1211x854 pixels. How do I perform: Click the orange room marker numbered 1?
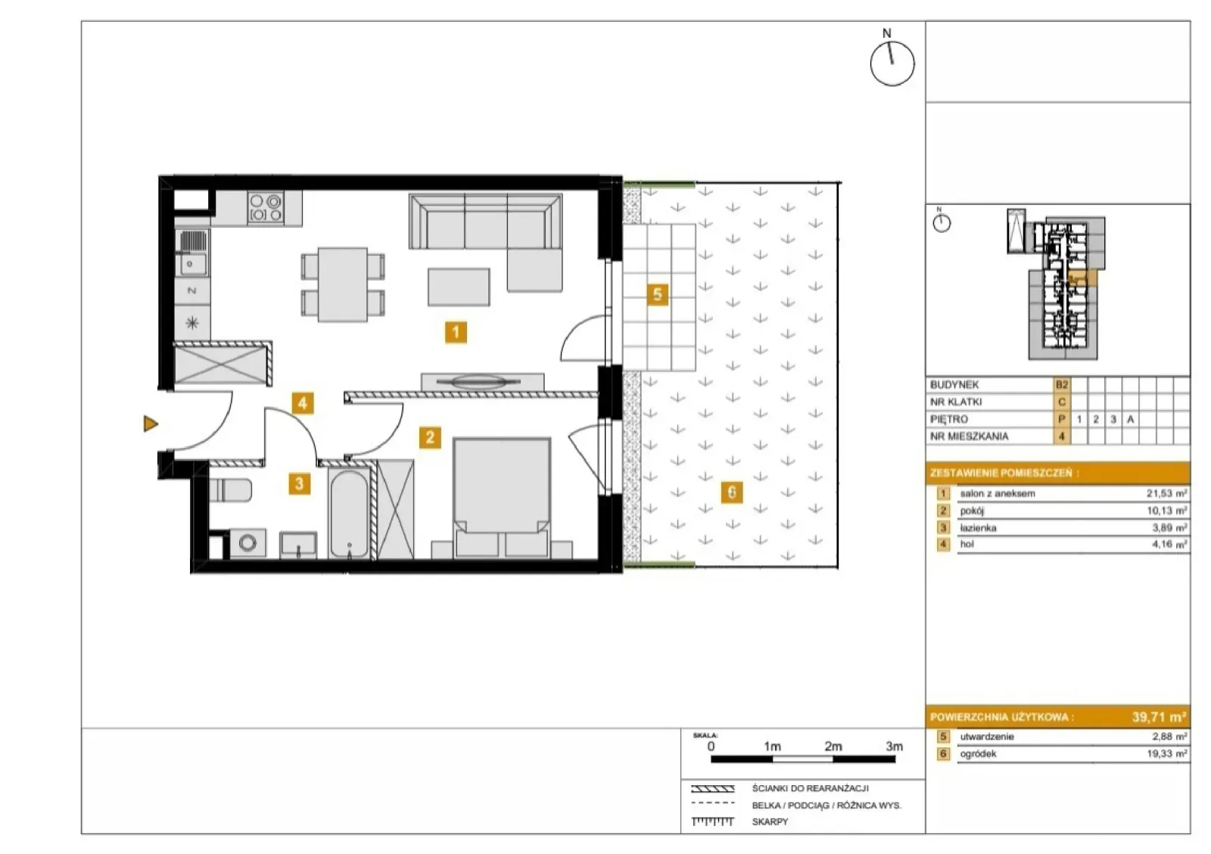point(456,331)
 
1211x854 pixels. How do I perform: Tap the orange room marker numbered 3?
point(300,483)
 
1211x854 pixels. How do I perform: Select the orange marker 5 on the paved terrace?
point(658,294)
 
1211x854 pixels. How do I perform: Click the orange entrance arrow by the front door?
point(151,424)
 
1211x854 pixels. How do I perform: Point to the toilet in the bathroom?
point(230,490)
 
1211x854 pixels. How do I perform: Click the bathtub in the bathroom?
point(349,513)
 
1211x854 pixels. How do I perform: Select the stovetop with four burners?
point(266,208)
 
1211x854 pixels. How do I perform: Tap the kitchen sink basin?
point(190,264)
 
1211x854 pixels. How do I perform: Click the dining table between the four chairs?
point(343,284)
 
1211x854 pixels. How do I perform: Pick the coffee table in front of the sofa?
point(459,287)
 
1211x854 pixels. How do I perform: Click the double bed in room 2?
point(503,497)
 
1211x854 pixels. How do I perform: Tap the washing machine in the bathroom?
point(247,543)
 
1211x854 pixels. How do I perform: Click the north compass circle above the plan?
point(892,64)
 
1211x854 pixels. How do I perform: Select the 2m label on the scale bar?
point(833,746)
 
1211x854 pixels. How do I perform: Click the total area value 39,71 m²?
point(1159,717)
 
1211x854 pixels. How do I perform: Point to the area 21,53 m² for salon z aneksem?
point(1166,493)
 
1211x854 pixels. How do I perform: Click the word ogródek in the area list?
point(978,753)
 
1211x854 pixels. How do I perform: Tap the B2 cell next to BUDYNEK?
point(1062,384)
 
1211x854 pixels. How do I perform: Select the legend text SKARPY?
point(770,821)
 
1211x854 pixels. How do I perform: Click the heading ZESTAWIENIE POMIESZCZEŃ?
point(1004,473)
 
